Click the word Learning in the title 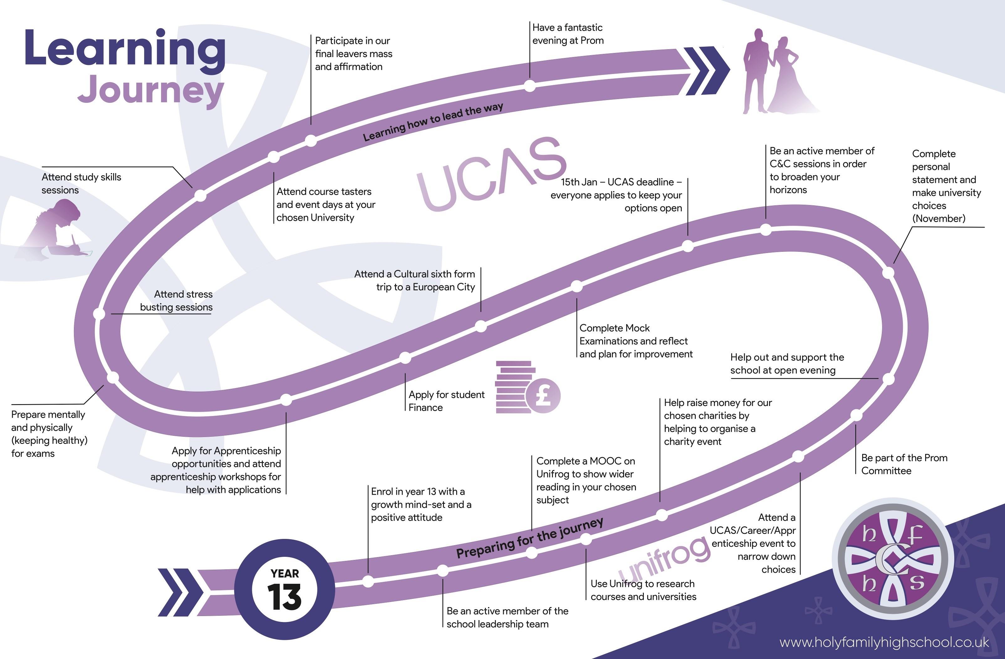tap(125, 49)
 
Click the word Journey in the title tap(150, 90)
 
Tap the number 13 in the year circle tap(284, 597)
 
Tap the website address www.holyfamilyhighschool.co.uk tap(884, 642)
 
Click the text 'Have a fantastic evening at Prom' tap(568, 34)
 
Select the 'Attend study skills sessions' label tap(81, 183)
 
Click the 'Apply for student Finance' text tap(446, 401)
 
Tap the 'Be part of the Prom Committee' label tap(904, 464)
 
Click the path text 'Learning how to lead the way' tap(433, 122)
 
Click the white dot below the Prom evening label tap(529, 86)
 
